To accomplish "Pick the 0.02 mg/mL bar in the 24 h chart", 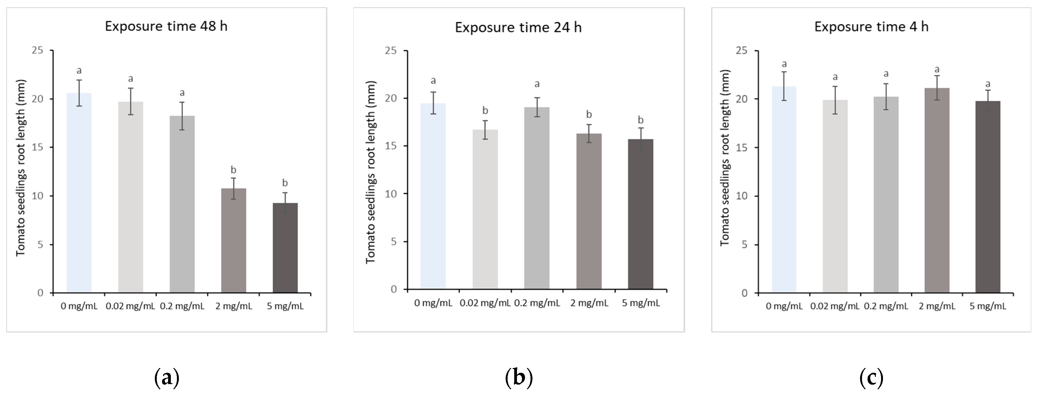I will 485,209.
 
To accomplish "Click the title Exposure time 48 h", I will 166,26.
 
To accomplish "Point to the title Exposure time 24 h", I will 518,27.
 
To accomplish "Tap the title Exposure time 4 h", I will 871,26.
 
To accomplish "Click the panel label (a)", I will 167,377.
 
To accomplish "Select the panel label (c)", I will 871,377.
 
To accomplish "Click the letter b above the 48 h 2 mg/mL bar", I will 234,170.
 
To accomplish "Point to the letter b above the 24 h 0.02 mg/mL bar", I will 485,110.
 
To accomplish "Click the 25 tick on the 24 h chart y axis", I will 391,51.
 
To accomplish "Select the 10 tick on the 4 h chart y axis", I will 741,196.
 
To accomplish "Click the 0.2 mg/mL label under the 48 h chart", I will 182,306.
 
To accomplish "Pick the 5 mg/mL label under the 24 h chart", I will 641,303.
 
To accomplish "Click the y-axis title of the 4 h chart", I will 725,158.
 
